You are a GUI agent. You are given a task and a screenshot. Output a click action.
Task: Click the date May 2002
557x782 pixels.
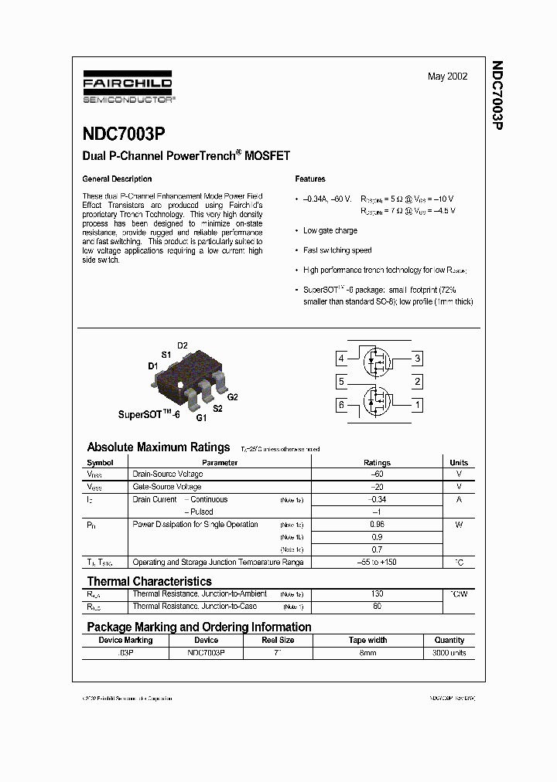click(x=447, y=77)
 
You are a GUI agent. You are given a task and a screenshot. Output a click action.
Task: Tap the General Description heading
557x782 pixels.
click(x=117, y=179)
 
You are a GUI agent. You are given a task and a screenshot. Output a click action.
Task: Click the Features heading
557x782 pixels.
click(x=310, y=179)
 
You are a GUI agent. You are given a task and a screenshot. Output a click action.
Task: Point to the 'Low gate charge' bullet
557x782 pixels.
click(x=330, y=230)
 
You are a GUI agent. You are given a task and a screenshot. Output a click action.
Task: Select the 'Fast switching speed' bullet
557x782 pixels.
click(x=337, y=250)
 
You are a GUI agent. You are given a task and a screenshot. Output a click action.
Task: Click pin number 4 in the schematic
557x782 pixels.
click(x=340, y=359)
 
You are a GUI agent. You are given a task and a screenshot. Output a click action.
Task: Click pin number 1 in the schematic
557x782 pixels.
click(x=418, y=404)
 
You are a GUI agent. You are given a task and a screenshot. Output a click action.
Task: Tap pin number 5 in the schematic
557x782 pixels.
click(x=340, y=382)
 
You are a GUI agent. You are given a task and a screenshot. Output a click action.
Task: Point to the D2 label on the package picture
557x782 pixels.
click(x=183, y=345)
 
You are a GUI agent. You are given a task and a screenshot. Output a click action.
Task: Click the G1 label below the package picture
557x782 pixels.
click(x=200, y=418)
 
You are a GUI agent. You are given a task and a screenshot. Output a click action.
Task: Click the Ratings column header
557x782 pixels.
click(x=377, y=463)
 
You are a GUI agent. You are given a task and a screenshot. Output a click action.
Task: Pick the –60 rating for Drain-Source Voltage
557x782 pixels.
click(x=377, y=474)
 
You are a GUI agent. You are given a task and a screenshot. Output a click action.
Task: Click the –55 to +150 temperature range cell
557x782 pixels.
click(x=377, y=563)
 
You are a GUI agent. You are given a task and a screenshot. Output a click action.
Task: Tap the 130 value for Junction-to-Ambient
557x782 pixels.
click(x=377, y=594)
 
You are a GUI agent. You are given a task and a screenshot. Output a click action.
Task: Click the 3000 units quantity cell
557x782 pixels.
click(x=449, y=653)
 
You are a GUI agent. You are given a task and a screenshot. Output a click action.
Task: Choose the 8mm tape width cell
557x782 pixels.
click(x=367, y=653)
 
